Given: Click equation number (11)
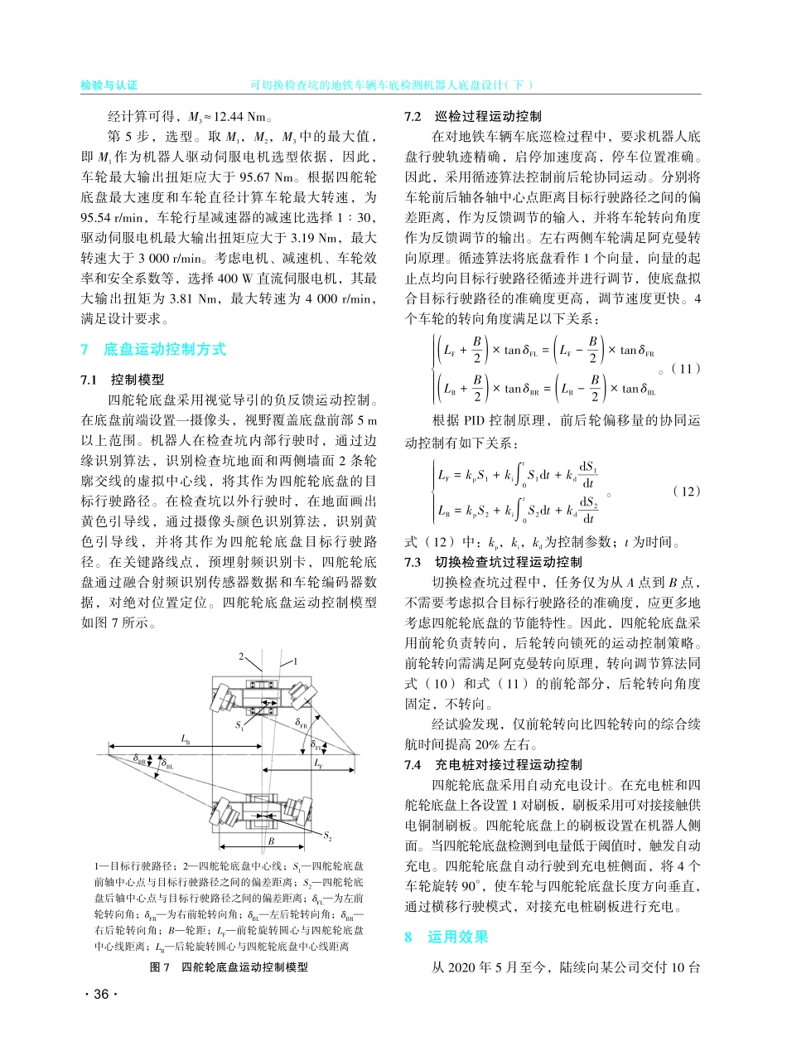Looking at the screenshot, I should coord(686,368).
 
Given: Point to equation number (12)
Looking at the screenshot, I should coord(686,491).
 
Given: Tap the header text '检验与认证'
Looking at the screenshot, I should coord(109,85).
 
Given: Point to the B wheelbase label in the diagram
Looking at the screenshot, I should coord(269,841).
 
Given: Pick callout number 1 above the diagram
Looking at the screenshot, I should coord(295,661).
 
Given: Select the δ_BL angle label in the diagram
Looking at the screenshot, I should coord(167,767).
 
